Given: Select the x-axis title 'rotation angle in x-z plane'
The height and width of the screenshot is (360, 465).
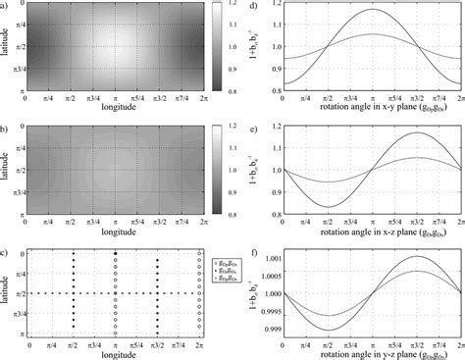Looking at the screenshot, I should pos(376,231).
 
